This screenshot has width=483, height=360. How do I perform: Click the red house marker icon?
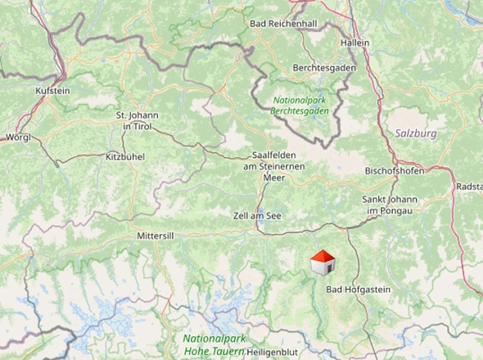pos(323,263)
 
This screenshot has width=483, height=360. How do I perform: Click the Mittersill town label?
pos(156,235)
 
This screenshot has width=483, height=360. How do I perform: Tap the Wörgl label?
pos(18,137)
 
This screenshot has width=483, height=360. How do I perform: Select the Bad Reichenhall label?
pos(283,25)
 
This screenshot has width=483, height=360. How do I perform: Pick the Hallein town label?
pos(355,43)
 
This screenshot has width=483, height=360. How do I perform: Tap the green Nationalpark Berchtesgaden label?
pos(304,105)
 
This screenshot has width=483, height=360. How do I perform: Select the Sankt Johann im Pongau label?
pos(390,205)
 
